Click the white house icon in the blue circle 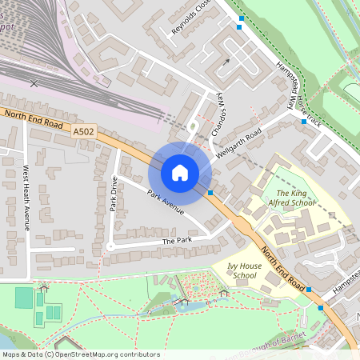pyautogui.click(x=180, y=172)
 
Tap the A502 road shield pyautogui.click(x=83, y=131)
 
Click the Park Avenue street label pyautogui.click(x=166, y=202)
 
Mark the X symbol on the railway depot pyautogui.click(x=33, y=82)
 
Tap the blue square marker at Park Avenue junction pyautogui.click(x=210, y=193)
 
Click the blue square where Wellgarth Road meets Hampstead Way pyautogui.click(x=303, y=122)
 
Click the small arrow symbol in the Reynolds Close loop pyautogui.click(x=226, y=62)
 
